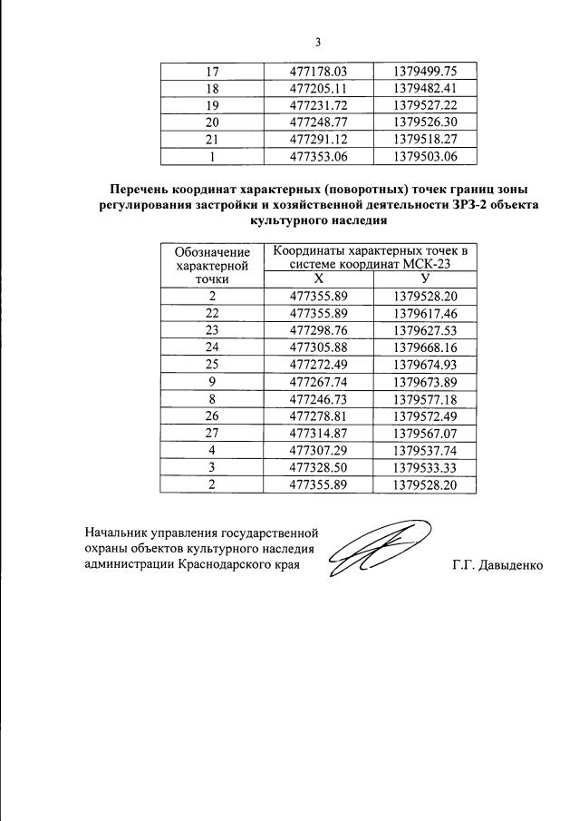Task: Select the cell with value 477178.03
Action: pyautogui.click(x=318, y=70)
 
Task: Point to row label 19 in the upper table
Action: pyautogui.click(x=212, y=104)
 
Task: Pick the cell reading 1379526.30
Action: pyautogui.click(x=424, y=122)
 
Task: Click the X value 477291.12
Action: pyautogui.click(x=318, y=139)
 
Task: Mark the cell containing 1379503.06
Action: pyautogui.click(x=424, y=156)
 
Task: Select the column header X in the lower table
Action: pyautogui.click(x=318, y=279)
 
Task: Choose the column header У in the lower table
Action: pyautogui.click(x=425, y=279)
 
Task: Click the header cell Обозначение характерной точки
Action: pyautogui.click(x=212, y=264)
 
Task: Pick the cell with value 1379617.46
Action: pyautogui.click(x=424, y=313)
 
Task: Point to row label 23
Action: pyautogui.click(x=212, y=330)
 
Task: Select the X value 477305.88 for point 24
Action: pyautogui.click(x=318, y=347)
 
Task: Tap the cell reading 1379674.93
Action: pyautogui.click(x=424, y=365)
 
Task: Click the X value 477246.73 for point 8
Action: pyautogui.click(x=318, y=399)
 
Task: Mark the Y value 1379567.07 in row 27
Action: pyautogui.click(x=424, y=434)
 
